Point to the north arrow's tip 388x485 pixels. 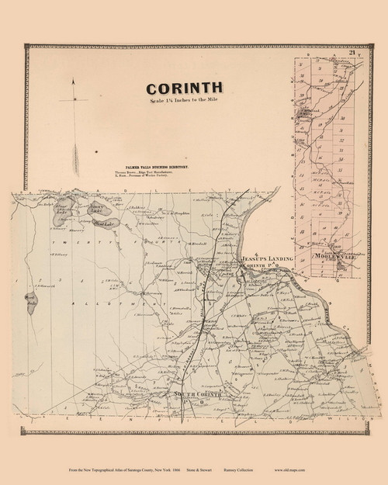73,80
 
